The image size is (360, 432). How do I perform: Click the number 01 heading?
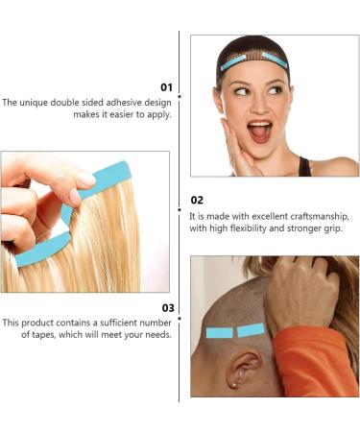pos(166,87)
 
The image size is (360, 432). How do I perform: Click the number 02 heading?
pos(197,201)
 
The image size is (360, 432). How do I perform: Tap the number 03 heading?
pos(168,308)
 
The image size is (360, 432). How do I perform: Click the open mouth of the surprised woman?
pos(259,131)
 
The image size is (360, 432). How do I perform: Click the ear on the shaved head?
pos(243,369)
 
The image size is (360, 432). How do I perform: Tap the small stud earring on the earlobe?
pos(235,384)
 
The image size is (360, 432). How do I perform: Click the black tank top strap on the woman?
pos(304,166)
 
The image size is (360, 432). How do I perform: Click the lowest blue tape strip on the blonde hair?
pos(42,249)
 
